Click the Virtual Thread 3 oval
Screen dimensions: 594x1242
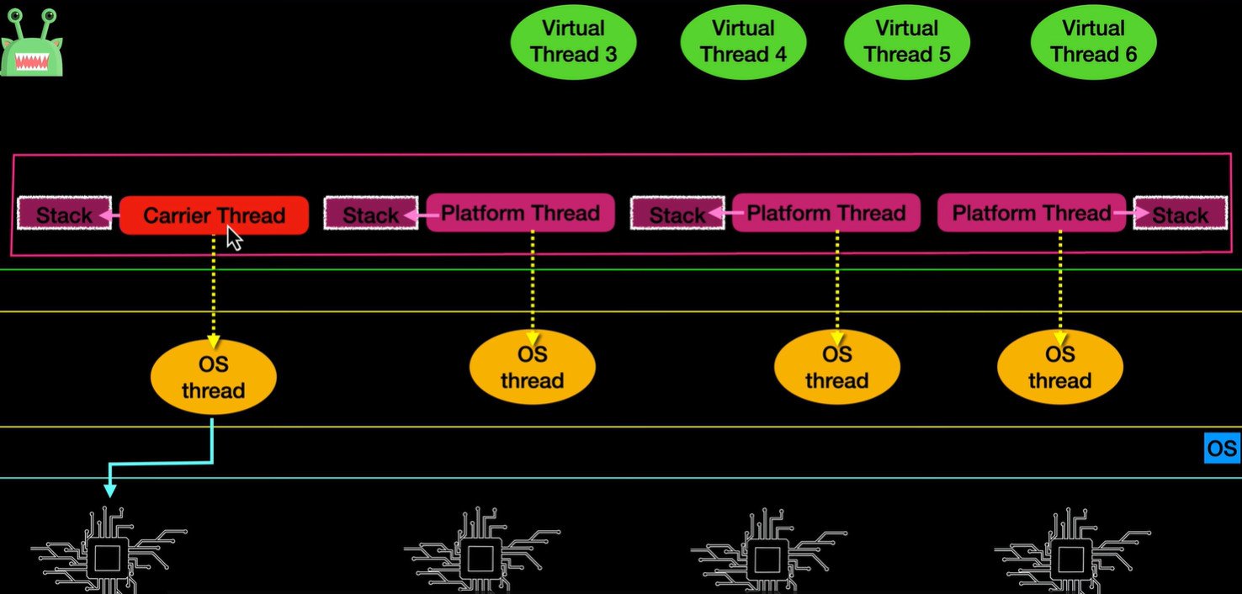tap(573, 41)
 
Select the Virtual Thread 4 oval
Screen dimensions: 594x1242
tap(743, 41)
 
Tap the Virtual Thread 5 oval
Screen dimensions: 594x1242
tap(906, 41)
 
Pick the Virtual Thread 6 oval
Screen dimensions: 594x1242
tap(1093, 41)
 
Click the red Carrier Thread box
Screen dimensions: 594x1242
tap(214, 215)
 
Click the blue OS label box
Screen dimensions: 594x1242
tap(1222, 448)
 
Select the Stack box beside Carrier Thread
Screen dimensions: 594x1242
tap(64, 215)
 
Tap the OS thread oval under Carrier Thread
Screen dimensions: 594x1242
tap(213, 378)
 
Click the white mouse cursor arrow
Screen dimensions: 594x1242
tap(234, 238)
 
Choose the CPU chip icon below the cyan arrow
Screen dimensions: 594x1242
tap(108, 554)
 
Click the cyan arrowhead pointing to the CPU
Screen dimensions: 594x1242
tap(109, 490)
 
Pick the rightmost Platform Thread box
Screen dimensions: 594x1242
tap(1031, 213)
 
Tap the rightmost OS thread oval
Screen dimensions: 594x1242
tap(1059, 368)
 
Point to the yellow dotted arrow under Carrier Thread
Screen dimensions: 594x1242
tap(213, 286)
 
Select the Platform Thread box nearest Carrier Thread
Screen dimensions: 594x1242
tap(520, 213)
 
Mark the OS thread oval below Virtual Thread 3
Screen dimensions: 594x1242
tap(532, 368)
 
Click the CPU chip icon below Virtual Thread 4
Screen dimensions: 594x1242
tap(767, 554)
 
